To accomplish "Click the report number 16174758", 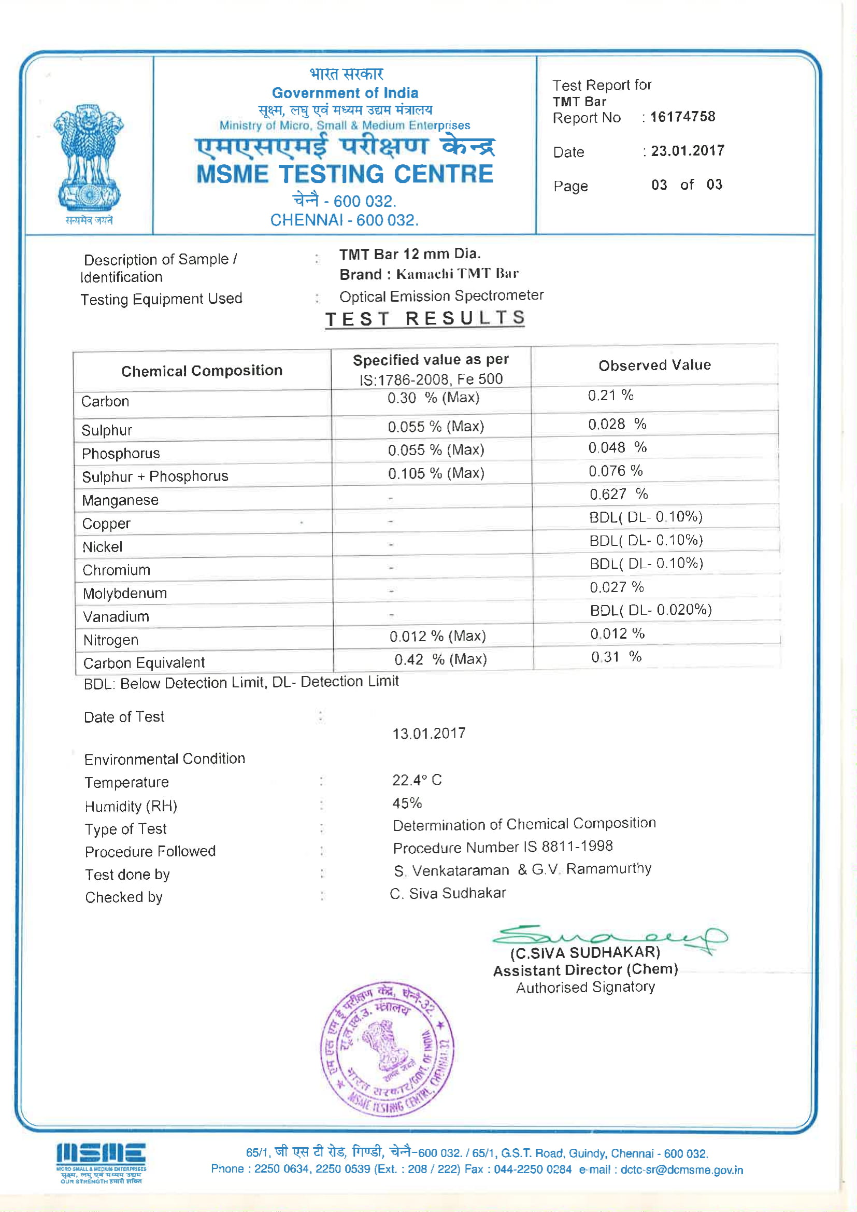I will point(682,117).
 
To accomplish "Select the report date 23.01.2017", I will point(688,151).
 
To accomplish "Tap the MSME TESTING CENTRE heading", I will point(345,174).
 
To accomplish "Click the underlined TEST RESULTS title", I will point(425,318).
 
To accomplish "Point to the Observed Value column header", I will point(654,365).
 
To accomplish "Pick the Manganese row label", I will point(120,500).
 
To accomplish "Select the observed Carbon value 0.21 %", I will point(610,395).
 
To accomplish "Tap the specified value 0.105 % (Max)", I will point(436,473).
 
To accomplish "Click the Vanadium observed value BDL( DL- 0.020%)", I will point(651,610).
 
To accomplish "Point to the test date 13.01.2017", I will point(428,733).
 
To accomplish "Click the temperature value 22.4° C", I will point(417,780).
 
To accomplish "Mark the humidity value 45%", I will point(407,803).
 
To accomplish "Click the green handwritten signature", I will point(607,937).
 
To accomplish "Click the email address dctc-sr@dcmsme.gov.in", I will point(681,1170).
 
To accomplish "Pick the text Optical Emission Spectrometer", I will point(441,295).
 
